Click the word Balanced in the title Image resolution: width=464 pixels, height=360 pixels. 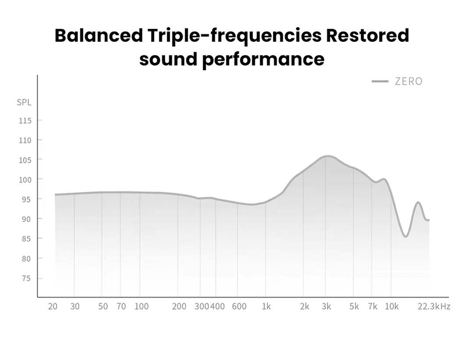[x=98, y=35]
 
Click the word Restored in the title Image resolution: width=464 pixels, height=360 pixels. [x=368, y=35]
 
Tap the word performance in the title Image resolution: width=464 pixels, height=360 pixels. [x=263, y=60]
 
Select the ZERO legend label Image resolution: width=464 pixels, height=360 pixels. [x=409, y=81]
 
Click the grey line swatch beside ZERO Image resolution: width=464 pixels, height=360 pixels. [x=380, y=81]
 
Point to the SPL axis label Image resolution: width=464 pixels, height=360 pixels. [x=24, y=103]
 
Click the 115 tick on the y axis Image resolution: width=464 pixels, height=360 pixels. [x=25, y=121]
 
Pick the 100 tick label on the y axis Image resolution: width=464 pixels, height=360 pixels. [x=25, y=179]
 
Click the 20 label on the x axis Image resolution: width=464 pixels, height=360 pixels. [x=53, y=306]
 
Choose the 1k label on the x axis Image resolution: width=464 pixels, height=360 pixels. [x=267, y=306]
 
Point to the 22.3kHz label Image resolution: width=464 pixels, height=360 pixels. [x=434, y=306]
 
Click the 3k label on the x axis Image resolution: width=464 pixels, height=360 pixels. [x=326, y=306]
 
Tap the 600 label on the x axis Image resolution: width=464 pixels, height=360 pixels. [x=239, y=306]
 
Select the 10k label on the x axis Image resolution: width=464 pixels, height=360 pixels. [x=391, y=306]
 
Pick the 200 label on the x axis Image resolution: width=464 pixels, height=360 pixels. [x=179, y=306]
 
